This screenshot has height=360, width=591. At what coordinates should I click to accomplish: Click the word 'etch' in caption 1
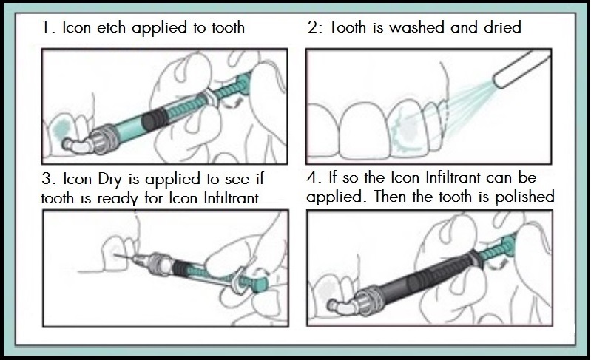coord(111,29)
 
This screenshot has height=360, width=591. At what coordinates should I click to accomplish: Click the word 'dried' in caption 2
coord(499,29)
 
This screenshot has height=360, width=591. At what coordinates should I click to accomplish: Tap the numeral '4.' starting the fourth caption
coord(314,180)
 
